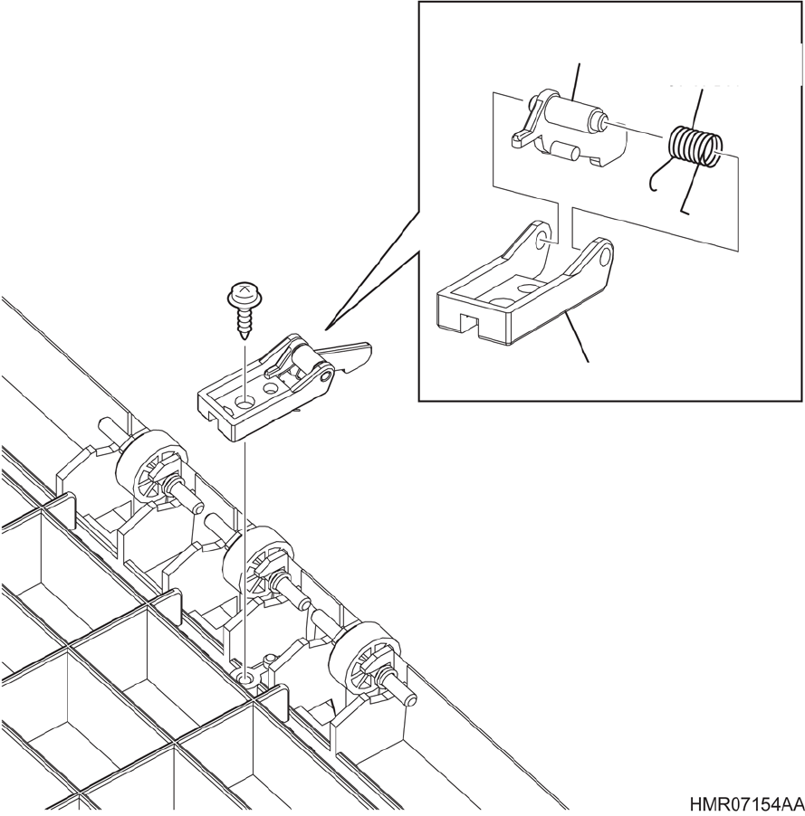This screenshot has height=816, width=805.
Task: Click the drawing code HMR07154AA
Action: pyautogui.click(x=745, y=804)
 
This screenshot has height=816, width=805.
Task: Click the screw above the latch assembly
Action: pyautogui.click(x=243, y=308)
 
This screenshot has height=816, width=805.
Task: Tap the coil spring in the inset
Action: pyautogui.click(x=695, y=147)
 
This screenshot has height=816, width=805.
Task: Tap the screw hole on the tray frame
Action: pyautogui.click(x=245, y=676)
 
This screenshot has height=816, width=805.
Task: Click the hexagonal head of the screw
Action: pyautogui.click(x=242, y=293)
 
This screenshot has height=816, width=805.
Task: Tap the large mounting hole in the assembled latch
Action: pyautogui.click(x=245, y=399)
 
